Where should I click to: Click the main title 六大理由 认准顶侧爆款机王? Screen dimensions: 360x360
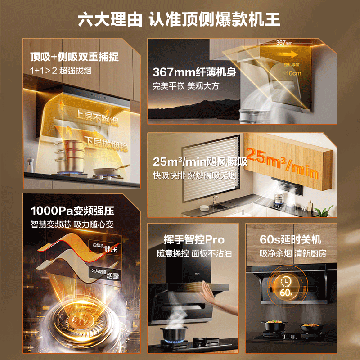coord(180,19)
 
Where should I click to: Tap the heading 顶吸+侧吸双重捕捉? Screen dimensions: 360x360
coord(74,57)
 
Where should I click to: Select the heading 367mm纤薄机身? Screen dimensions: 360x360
coord(194,72)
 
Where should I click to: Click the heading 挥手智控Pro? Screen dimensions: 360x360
coord(194,240)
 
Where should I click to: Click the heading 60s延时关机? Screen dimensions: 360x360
coord(290,239)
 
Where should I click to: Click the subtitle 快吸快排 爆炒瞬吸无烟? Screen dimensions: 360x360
coord(194,175)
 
